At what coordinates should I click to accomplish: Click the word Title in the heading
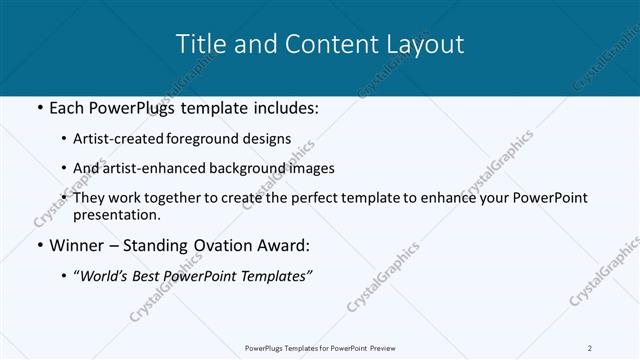click(200, 45)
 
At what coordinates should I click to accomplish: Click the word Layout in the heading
click(425, 45)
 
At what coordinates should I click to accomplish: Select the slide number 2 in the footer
click(590, 348)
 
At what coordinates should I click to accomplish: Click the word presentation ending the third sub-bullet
click(115, 214)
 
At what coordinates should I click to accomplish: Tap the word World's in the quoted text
click(104, 275)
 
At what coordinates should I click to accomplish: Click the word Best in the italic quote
click(145, 275)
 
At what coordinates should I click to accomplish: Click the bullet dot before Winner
click(38, 245)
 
